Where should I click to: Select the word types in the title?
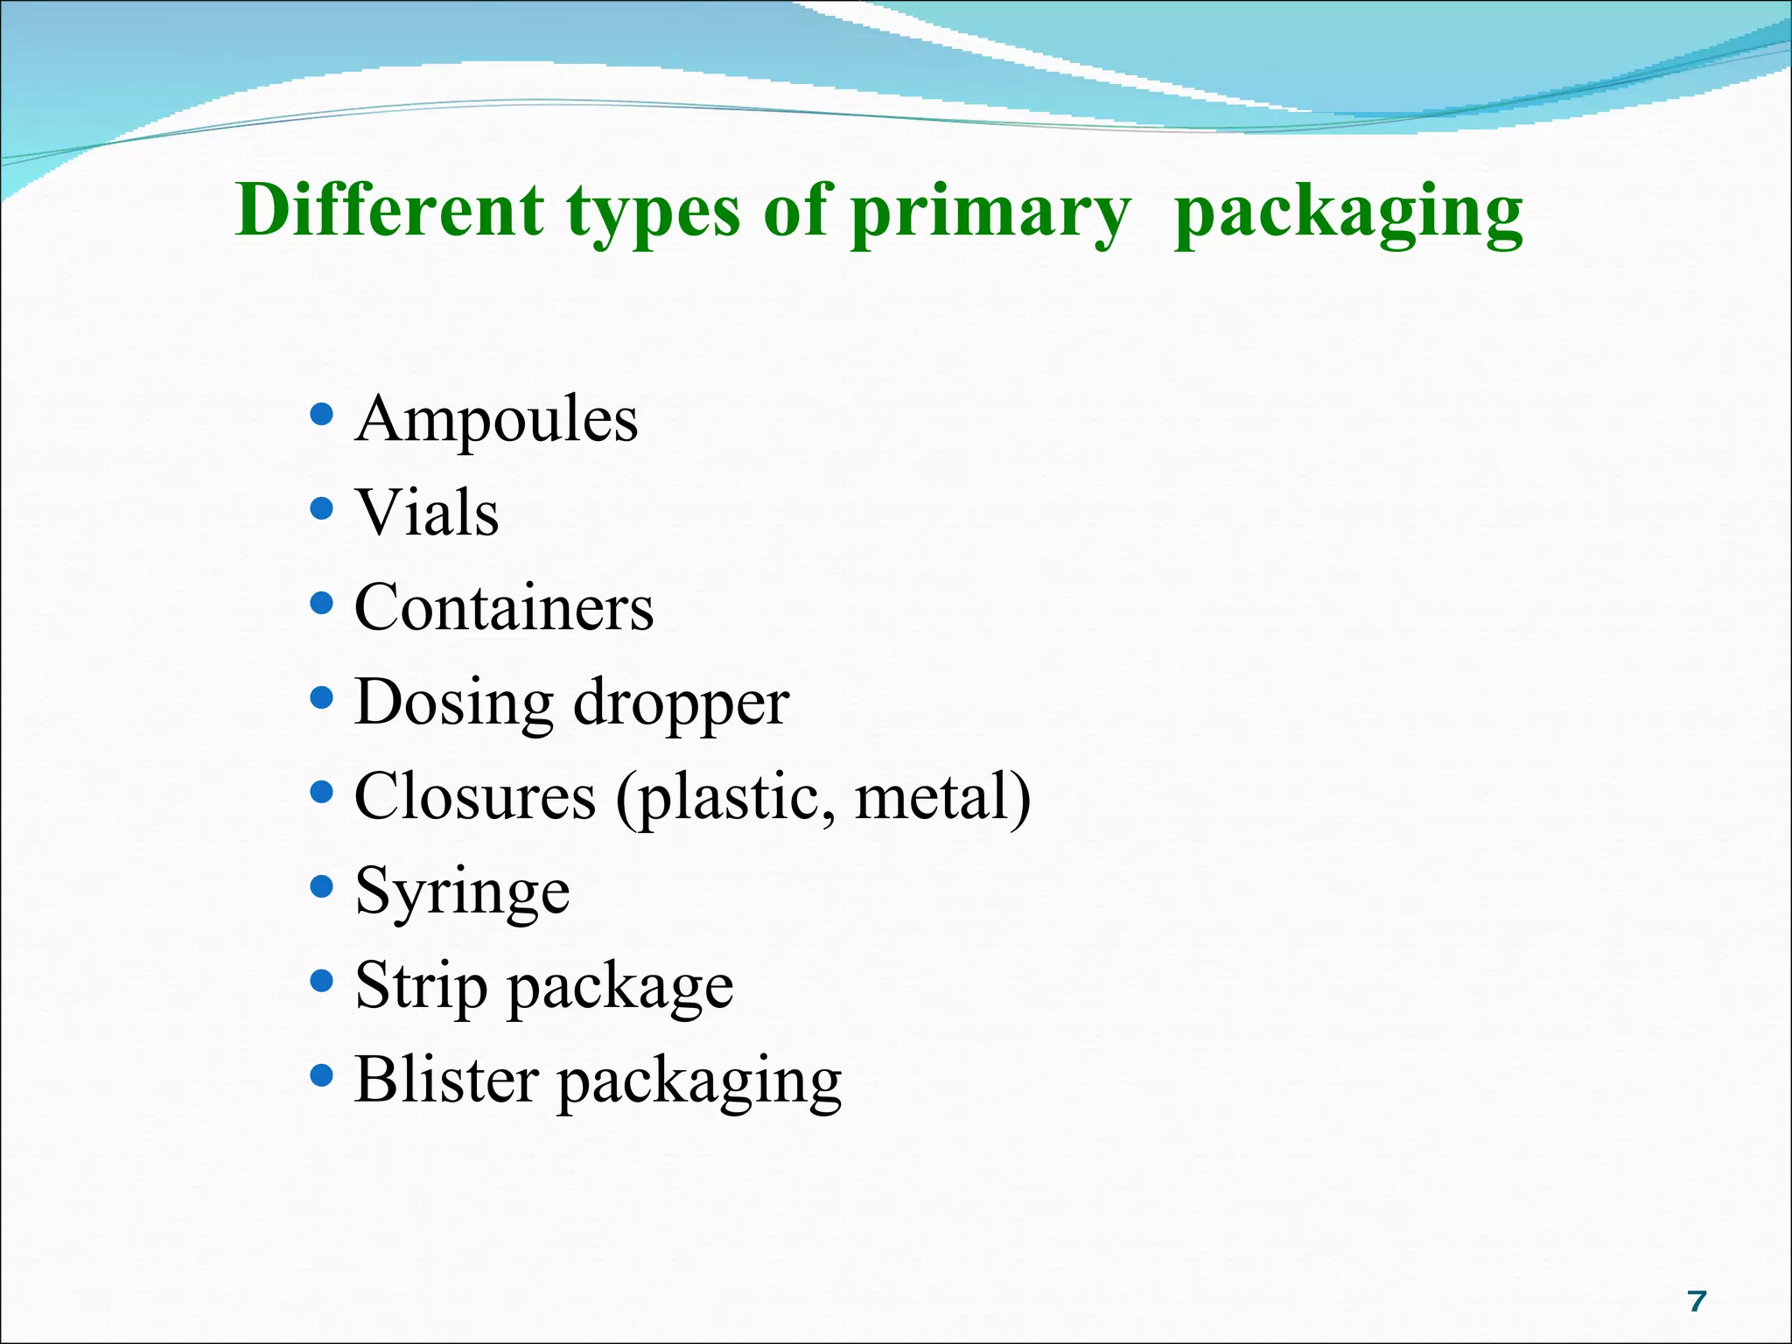(x=654, y=214)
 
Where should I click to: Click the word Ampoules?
(x=496, y=419)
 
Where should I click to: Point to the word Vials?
(x=427, y=513)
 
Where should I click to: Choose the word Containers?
(x=504, y=607)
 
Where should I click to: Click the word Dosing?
(x=454, y=703)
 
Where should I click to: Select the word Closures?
(x=475, y=797)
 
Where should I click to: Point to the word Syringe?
(x=463, y=892)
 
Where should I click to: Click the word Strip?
(x=422, y=987)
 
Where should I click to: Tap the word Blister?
(x=446, y=1080)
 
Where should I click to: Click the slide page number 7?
(x=1697, y=1301)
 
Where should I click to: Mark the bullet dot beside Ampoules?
(x=322, y=413)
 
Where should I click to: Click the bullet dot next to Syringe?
(x=322, y=886)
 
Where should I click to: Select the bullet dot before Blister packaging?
(x=322, y=1074)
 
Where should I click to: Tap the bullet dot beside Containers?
(x=322, y=602)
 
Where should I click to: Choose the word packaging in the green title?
(x=1348, y=214)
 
